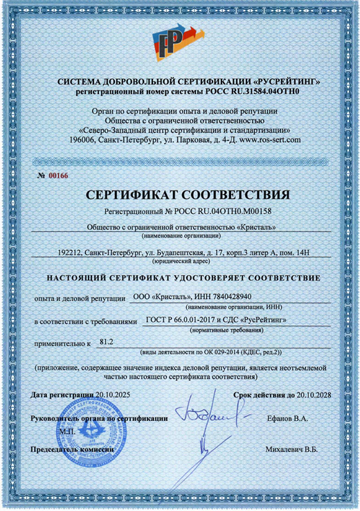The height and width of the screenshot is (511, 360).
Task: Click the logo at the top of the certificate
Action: point(179,41)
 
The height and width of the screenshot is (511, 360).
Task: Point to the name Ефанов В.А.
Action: point(287,419)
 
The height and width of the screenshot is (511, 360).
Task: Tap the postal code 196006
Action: point(85,140)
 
